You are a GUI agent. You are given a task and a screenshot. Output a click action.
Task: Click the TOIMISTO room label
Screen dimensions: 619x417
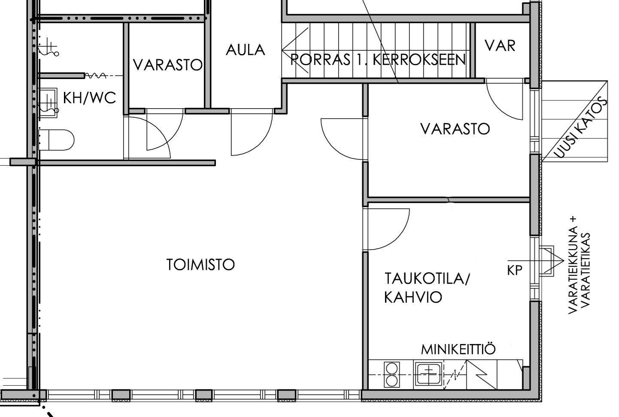coord(200,265)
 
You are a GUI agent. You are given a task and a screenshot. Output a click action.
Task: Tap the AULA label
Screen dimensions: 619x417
coord(246,50)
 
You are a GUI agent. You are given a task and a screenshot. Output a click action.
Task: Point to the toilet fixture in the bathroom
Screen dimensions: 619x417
coord(57,140)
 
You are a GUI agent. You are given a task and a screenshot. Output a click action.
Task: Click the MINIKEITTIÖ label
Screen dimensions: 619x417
coord(458,349)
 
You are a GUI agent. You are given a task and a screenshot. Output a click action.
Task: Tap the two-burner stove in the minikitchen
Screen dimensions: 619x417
coord(391,374)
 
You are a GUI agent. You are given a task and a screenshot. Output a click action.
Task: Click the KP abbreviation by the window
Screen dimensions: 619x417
coord(515,270)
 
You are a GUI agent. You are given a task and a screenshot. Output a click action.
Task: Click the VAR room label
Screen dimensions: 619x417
coord(500,46)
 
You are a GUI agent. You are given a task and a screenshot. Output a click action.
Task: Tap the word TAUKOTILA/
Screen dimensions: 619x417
coord(427,278)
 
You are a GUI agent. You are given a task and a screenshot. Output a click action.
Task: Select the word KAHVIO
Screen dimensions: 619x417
coord(413,297)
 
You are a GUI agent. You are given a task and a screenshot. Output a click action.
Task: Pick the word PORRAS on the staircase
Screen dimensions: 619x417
coord(320,59)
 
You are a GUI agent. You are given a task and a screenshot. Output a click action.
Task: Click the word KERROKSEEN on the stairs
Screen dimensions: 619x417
coord(419,59)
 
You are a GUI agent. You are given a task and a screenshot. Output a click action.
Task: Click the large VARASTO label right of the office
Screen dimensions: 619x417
coord(455,129)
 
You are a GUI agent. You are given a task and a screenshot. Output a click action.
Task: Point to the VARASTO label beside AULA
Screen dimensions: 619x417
coord(168,65)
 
